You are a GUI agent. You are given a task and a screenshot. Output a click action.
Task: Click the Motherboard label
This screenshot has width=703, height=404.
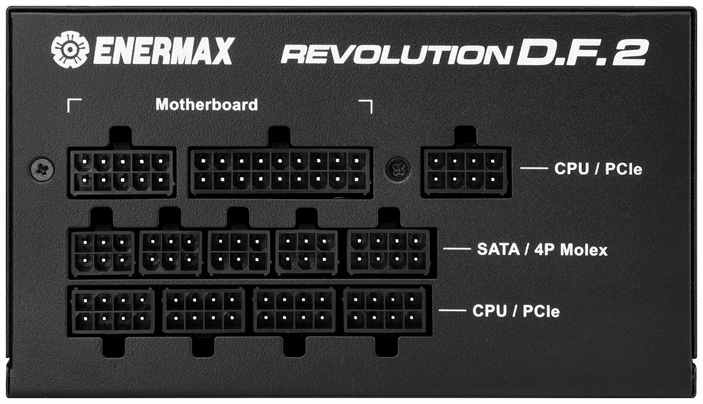[x=206, y=105]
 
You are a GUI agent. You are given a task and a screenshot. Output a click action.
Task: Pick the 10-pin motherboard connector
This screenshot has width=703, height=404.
[x=121, y=172]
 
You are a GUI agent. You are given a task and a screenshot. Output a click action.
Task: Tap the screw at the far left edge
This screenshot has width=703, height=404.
[x=42, y=169]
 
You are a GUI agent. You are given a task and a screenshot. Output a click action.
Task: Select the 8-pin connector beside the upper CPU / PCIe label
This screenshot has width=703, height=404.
[x=465, y=171]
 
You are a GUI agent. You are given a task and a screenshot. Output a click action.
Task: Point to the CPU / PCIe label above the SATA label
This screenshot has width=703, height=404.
[x=598, y=170]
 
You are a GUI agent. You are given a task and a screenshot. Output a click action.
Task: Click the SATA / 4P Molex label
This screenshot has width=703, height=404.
[x=541, y=250]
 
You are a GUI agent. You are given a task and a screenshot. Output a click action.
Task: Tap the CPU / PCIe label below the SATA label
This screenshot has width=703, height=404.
[x=516, y=311]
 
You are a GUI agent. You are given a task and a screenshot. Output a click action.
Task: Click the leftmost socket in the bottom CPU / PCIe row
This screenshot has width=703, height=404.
[x=112, y=311]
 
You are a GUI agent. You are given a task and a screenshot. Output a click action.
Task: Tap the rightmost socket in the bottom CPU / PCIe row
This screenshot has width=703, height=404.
[x=385, y=311]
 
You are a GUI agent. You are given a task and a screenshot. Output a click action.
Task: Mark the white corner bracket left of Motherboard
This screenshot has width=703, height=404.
[x=74, y=105]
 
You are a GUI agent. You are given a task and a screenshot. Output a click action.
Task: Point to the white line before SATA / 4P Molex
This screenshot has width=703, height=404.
[x=456, y=249]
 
